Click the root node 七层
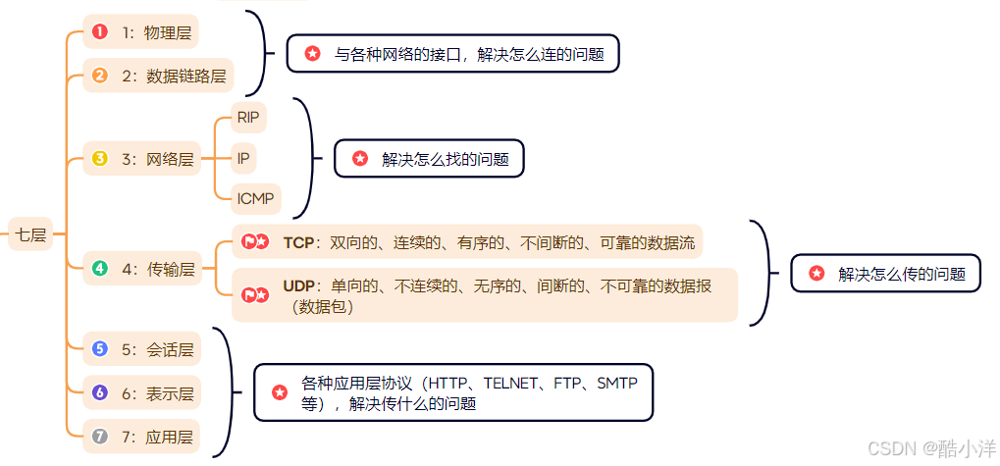click(30, 234)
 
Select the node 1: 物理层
click(140, 32)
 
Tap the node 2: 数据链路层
click(158, 75)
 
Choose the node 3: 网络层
click(140, 158)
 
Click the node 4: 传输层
click(140, 268)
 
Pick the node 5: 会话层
click(140, 349)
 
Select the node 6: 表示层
click(140, 393)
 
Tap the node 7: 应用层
click(140, 436)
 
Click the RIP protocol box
click(250, 117)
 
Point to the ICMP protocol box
click(256, 199)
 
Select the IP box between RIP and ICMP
click(244, 158)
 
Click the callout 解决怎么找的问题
click(429, 158)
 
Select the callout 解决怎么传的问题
click(885, 275)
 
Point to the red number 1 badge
click(99, 32)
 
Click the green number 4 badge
click(99, 268)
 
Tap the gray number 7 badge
click(99, 436)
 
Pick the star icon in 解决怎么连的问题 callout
click(312, 54)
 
